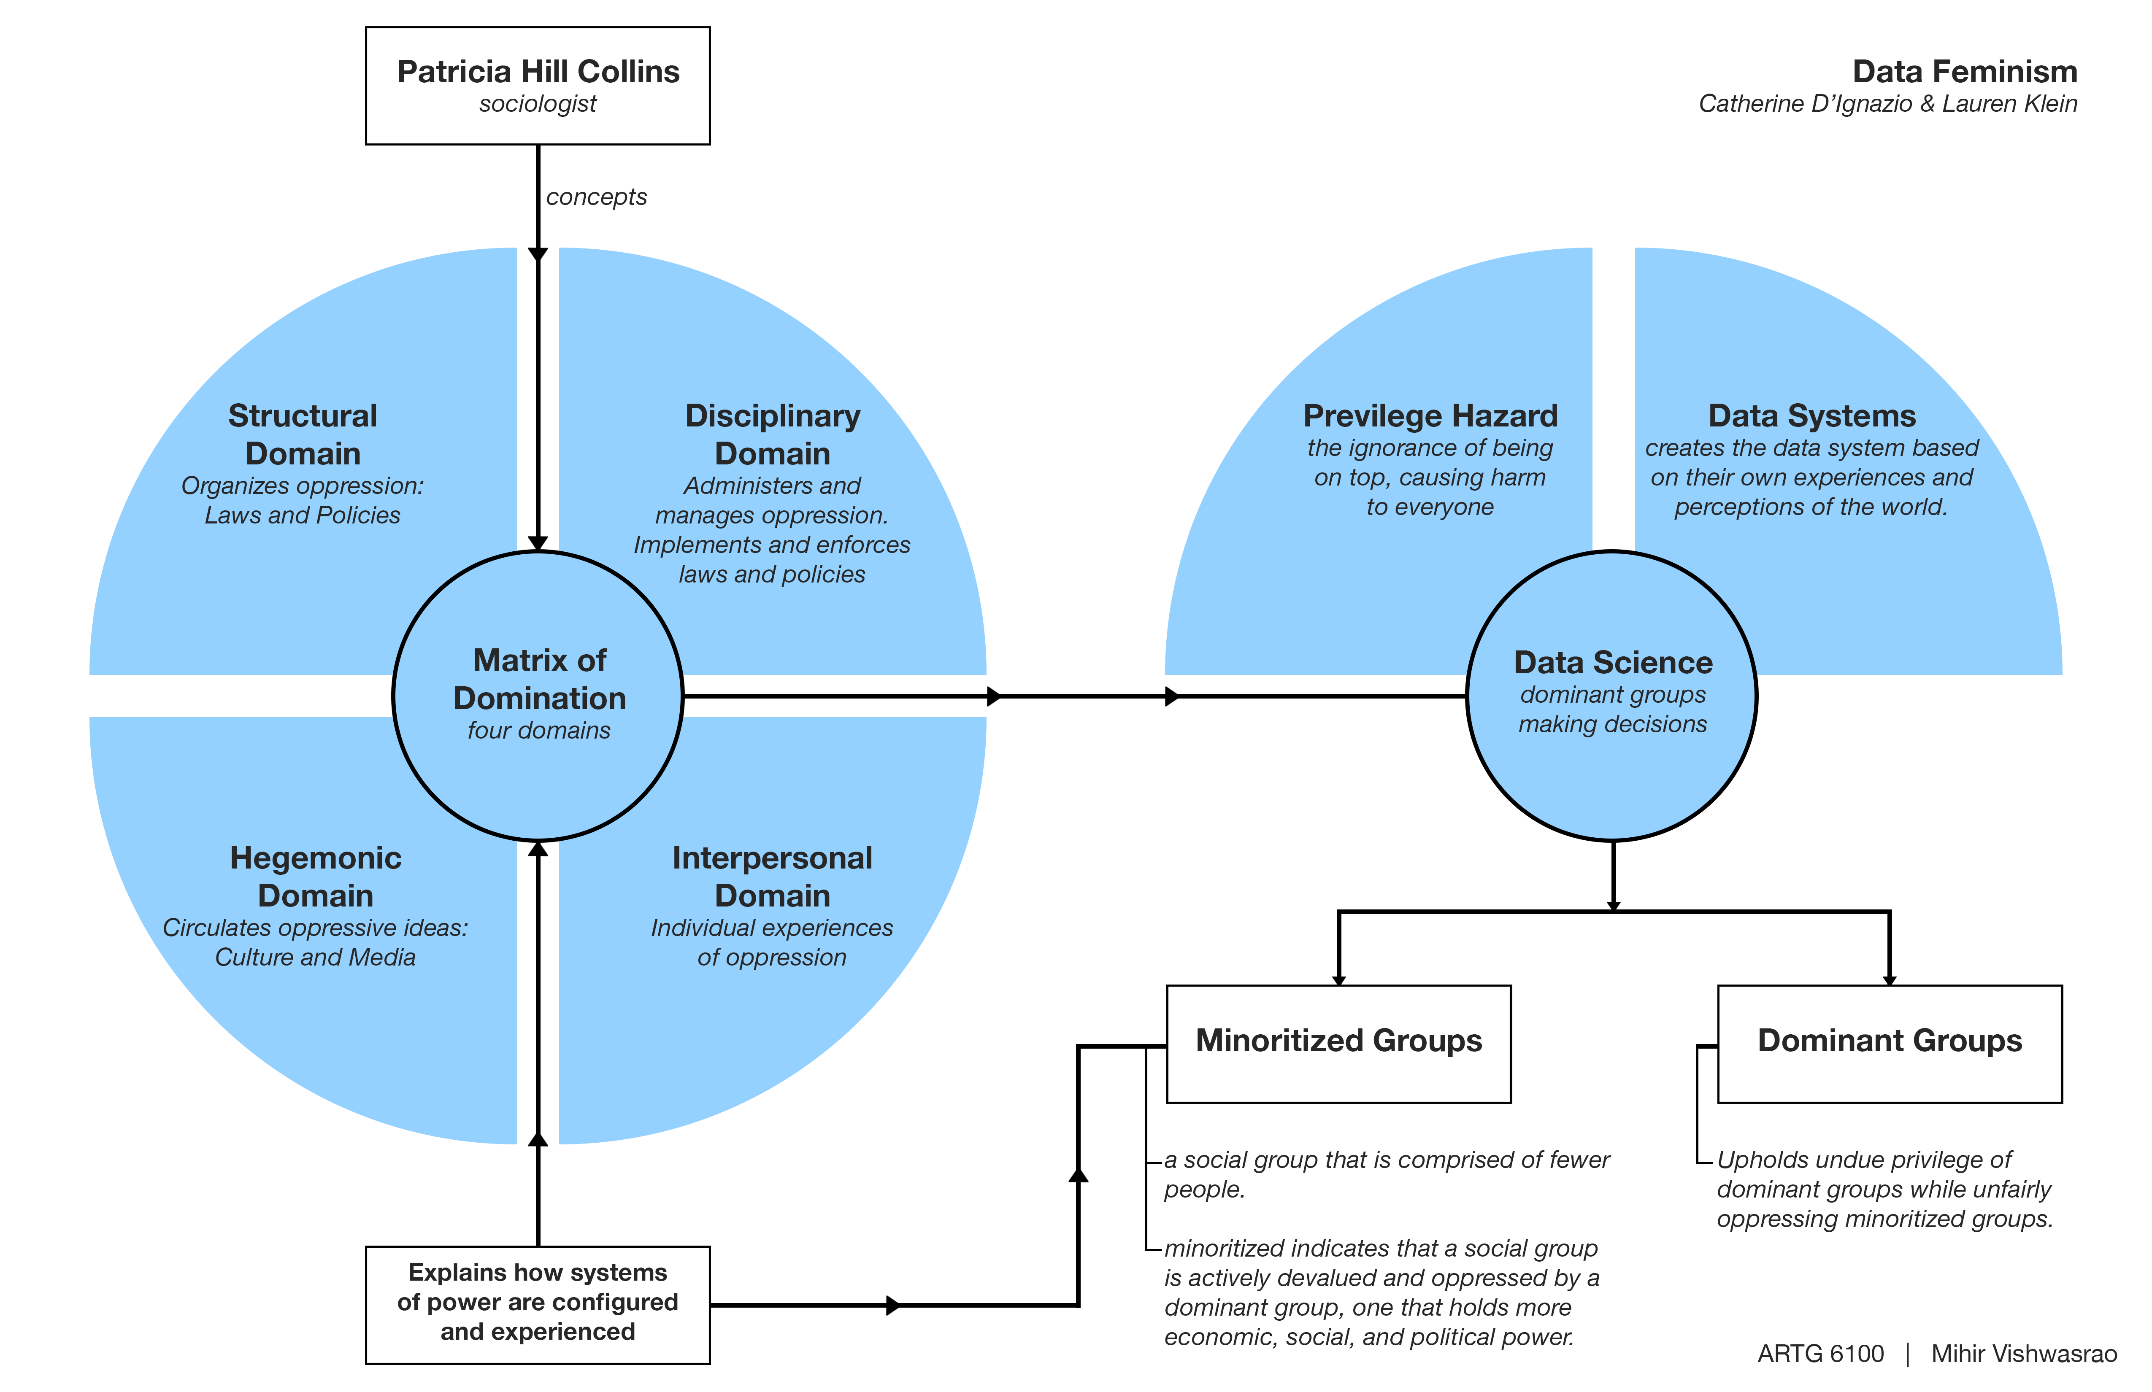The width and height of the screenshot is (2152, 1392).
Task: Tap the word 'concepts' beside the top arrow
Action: pyautogui.click(x=596, y=197)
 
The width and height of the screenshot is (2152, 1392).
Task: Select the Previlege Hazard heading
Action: pyautogui.click(x=1430, y=416)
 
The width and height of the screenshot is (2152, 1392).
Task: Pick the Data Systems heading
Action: pyautogui.click(x=1811, y=416)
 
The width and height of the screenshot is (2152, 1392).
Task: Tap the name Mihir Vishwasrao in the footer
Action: pyautogui.click(x=2024, y=1353)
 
